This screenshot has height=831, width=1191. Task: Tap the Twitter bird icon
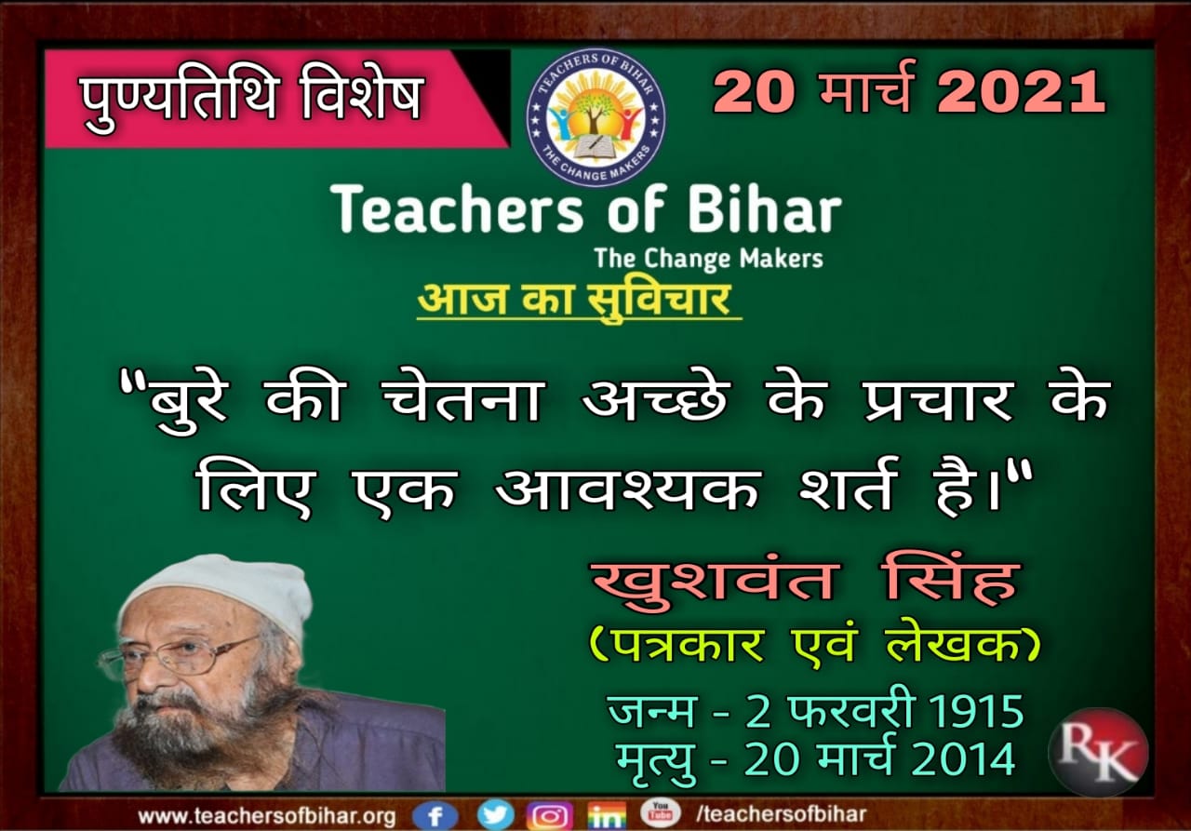click(x=496, y=815)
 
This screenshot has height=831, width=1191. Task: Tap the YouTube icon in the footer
click(x=660, y=813)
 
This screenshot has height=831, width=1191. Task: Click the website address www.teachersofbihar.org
click(x=266, y=816)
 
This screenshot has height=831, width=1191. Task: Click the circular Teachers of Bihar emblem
click(x=595, y=118)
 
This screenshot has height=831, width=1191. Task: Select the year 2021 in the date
click(x=1022, y=91)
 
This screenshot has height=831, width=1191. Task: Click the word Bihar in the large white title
click(x=765, y=208)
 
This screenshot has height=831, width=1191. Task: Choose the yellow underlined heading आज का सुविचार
click(x=579, y=301)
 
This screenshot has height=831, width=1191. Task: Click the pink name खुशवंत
click(x=716, y=583)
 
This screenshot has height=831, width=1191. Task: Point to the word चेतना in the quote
click(x=462, y=401)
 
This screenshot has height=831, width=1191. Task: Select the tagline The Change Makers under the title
click(x=709, y=259)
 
